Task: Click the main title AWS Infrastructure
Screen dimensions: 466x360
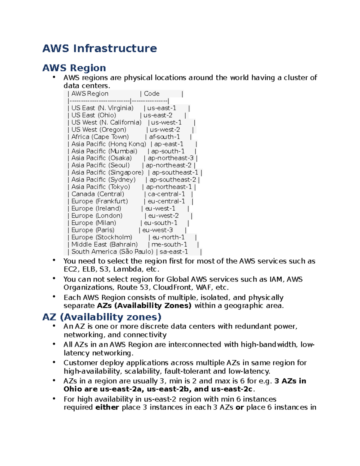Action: [x=99, y=48]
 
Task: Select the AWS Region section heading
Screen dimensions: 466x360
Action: [x=74, y=68]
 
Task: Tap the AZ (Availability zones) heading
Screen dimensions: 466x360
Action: [x=102, y=317]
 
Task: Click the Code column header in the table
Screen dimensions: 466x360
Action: [x=151, y=94]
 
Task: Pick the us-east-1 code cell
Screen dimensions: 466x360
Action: [x=161, y=108]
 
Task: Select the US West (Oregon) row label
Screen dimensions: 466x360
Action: [x=99, y=130]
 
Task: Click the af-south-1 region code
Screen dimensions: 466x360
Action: [x=164, y=137]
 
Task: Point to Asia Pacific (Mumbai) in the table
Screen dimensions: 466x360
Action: [x=104, y=151]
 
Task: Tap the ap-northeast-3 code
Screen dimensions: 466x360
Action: [x=170, y=158]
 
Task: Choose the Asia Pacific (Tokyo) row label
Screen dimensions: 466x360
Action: [x=100, y=187]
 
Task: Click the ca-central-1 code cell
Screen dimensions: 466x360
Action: [x=166, y=194]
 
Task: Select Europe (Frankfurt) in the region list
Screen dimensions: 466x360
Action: [x=100, y=201]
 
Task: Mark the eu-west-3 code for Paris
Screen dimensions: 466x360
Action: [x=157, y=230]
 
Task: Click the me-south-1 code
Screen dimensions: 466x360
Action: [x=169, y=245]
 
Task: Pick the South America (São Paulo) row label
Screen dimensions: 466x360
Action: [x=112, y=252]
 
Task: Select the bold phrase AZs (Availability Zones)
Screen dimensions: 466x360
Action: [x=144, y=306]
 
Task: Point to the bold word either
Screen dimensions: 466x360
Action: [x=107, y=407]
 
